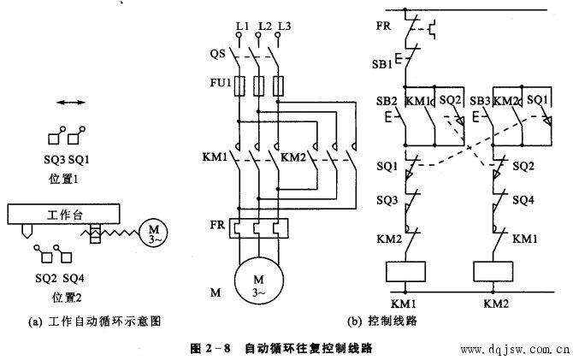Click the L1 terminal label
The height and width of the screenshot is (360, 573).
click(x=242, y=26)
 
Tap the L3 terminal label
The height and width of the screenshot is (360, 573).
click(x=284, y=26)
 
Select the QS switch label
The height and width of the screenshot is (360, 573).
click(x=218, y=54)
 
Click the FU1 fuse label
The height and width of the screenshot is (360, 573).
click(x=221, y=83)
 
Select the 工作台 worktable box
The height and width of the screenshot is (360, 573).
click(x=63, y=214)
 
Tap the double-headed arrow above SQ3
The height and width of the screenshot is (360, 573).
click(x=71, y=103)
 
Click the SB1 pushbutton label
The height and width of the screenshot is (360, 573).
click(x=382, y=64)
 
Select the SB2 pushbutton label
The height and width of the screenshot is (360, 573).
click(x=387, y=101)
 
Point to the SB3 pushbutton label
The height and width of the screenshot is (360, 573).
click(x=480, y=101)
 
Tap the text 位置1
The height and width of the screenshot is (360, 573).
click(x=63, y=179)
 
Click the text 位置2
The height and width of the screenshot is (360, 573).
click(x=67, y=298)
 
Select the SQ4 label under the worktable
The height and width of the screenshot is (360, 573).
click(x=74, y=279)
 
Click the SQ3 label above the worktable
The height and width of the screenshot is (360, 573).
click(x=55, y=160)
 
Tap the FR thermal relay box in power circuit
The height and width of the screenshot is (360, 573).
click(x=259, y=228)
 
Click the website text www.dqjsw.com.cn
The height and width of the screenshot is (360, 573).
click(x=515, y=350)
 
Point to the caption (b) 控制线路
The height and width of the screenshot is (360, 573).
click(x=382, y=322)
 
